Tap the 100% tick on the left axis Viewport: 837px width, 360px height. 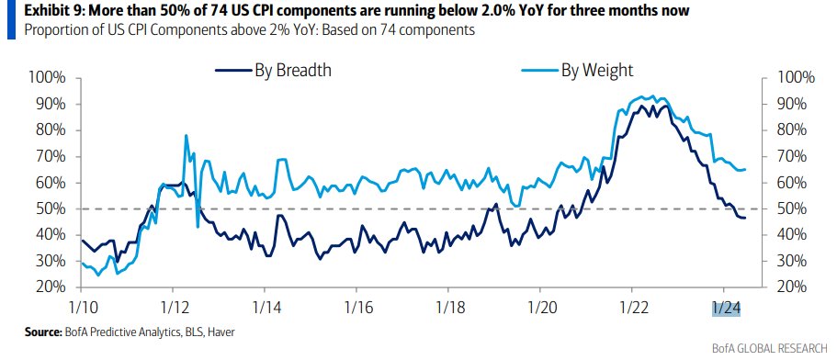48,77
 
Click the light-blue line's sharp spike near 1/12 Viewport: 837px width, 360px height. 187,136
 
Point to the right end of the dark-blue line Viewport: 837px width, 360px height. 745,218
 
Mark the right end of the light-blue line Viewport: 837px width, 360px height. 745,169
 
